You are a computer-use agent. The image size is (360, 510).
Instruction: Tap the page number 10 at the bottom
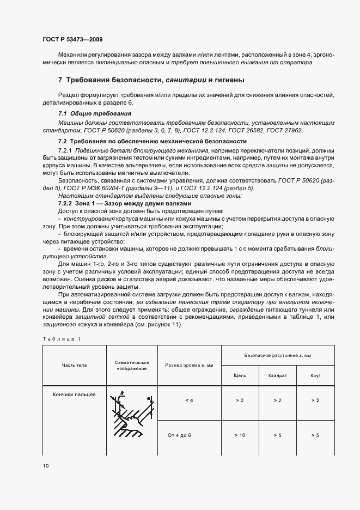(x=45, y=466)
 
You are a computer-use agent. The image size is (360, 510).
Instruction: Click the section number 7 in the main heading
(x=60, y=80)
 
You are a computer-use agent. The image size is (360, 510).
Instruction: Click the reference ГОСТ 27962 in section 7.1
(x=284, y=131)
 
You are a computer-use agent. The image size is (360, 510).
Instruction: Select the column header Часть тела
(x=74, y=365)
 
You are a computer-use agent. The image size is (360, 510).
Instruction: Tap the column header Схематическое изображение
(x=132, y=365)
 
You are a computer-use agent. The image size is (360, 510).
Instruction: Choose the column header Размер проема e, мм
(x=189, y=365)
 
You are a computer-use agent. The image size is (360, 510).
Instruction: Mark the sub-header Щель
(x=239, y=375)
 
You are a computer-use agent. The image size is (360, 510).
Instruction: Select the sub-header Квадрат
(x=277, y=375)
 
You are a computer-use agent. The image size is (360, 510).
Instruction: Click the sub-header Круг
(x=315, y=375)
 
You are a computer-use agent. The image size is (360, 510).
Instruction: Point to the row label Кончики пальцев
(x=74, y=394)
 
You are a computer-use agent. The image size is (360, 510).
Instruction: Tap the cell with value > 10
(x=239, y=435)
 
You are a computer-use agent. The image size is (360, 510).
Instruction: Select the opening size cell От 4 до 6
(x=189, y=435)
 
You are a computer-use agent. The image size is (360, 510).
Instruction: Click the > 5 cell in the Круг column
(x=315, y=435)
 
